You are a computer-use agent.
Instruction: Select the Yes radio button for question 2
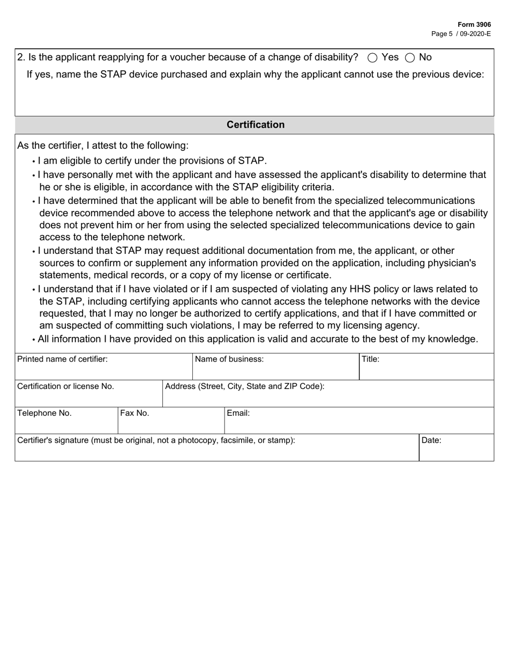click(373, 57)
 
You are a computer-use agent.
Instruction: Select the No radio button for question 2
click(410, 57)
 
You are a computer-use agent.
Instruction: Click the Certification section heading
click(255, 124)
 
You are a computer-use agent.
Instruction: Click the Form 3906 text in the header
click(474, 25)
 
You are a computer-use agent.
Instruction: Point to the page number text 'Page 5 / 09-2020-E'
click(461, 33)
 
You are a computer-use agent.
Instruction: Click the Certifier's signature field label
click(156, 441)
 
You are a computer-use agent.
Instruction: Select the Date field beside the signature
click(456, 448)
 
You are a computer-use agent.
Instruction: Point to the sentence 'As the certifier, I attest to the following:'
click(103, 145)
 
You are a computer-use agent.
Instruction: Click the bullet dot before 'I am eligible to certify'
click(34, 162)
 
